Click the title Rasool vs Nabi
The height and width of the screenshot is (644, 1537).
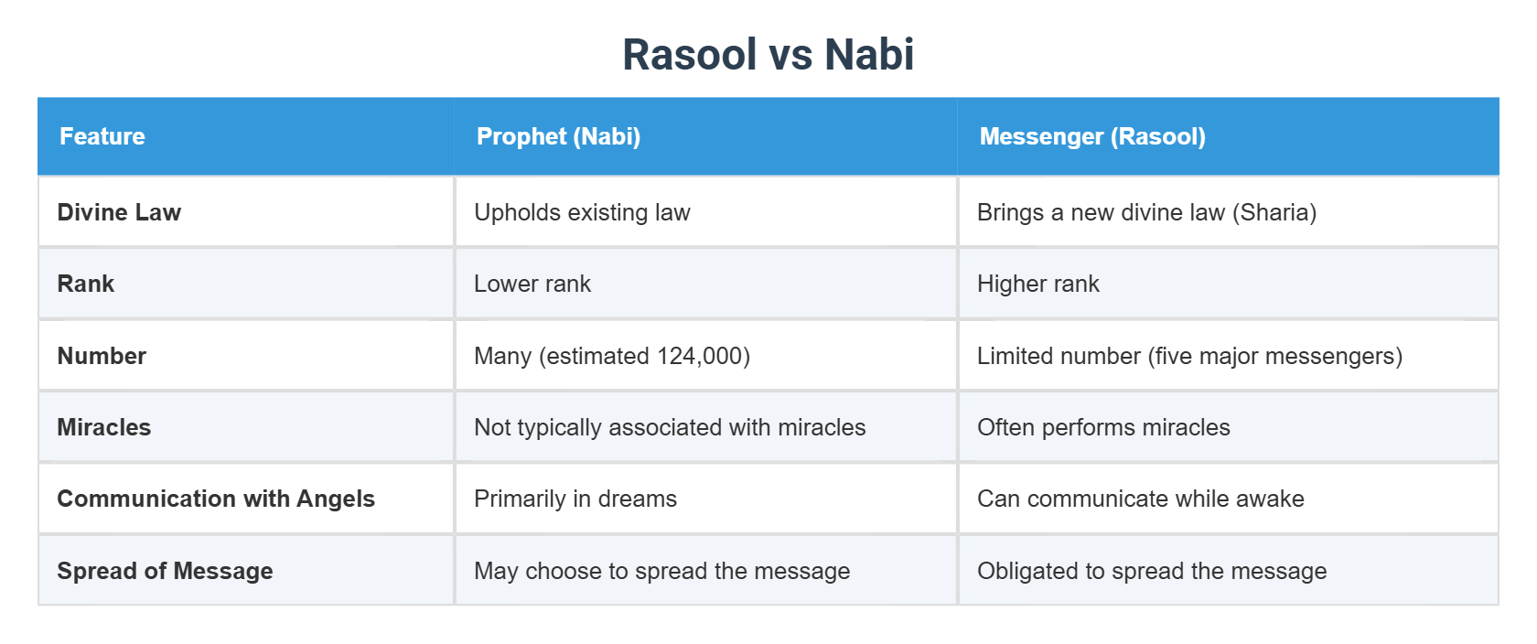coord(768,54)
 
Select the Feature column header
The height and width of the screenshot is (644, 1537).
coord(102,136)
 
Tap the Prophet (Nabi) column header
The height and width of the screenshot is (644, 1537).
coord(558,136)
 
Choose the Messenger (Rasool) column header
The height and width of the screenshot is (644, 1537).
coord(1092,136)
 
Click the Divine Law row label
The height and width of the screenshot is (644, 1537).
coord(119,212)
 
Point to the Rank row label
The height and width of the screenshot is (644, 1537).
coord(86,284)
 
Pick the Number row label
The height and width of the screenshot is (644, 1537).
coord(102,356)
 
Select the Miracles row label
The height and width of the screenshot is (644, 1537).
coord(103,427)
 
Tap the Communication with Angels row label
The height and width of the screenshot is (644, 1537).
coord(216,499)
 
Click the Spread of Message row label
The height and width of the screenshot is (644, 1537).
coord(165,571)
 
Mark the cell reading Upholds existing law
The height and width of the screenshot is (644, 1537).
coord(582,212)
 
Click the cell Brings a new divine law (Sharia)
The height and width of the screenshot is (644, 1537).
coord(1146,212)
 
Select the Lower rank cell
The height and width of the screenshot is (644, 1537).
coord(532,284)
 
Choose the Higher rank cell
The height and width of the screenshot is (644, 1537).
coord(1038,284)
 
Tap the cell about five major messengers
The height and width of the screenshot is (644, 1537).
coord(1189,356)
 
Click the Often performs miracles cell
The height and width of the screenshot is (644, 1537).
coord(1103,427)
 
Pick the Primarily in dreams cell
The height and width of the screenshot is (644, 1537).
coord(575,499)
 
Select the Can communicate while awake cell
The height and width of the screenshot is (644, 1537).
coord(1140,499)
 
